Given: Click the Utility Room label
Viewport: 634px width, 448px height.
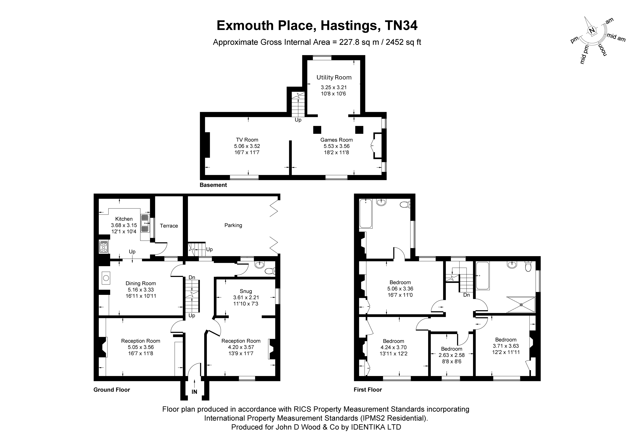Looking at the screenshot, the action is point(334,78).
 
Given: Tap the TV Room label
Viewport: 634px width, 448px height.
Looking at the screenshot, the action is point(247,140).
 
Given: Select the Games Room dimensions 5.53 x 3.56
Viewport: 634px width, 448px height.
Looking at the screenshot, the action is point(336,146).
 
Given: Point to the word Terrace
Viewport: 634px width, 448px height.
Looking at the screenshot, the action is point(169,226).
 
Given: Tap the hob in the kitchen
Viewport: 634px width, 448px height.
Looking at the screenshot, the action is point(104,247).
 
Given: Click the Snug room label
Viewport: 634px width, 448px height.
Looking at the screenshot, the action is point(246,291).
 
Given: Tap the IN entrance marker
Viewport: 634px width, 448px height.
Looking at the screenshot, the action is point(194,392).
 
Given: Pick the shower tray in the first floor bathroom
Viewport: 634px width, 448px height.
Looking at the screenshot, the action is point(521,305).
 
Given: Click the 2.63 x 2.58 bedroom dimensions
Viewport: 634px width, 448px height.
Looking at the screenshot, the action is point(452,355).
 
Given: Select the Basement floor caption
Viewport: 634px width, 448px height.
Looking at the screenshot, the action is point(213,185).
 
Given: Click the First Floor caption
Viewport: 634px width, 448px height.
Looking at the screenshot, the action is point(368,390).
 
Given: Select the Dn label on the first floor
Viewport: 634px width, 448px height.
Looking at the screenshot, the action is point(466,295).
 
